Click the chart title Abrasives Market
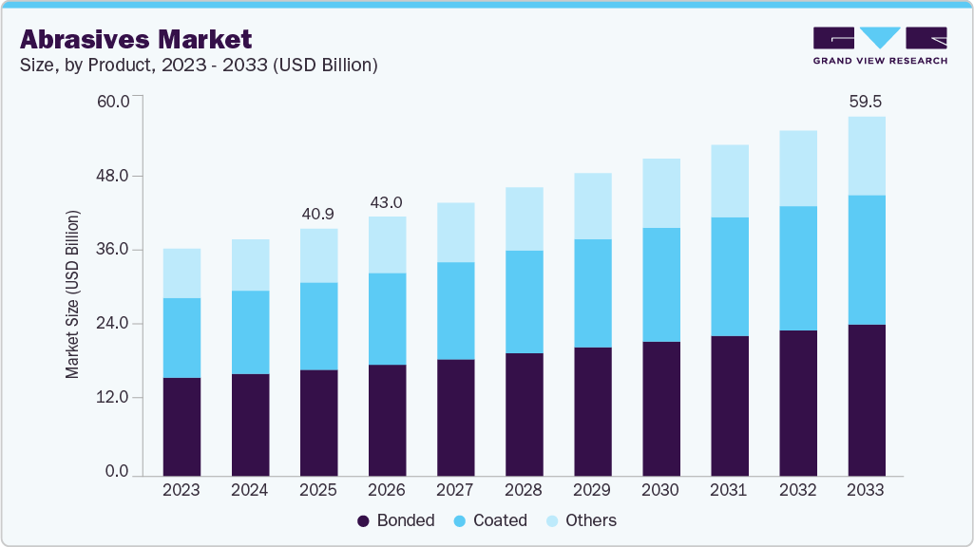coord(136,39)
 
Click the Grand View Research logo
coord(880,45)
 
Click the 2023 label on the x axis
coord(181,491)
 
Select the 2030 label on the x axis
coord(660,491)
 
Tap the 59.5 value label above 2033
coord(866,101)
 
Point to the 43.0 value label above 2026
coord(387,202)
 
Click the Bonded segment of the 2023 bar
coord(181,426)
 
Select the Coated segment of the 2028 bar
coord(524,302)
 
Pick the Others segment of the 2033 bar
coord(866,156)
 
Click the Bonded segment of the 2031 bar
coord(729,406)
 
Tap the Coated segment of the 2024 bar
coord(250,332)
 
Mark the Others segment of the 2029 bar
coord(592,206)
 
